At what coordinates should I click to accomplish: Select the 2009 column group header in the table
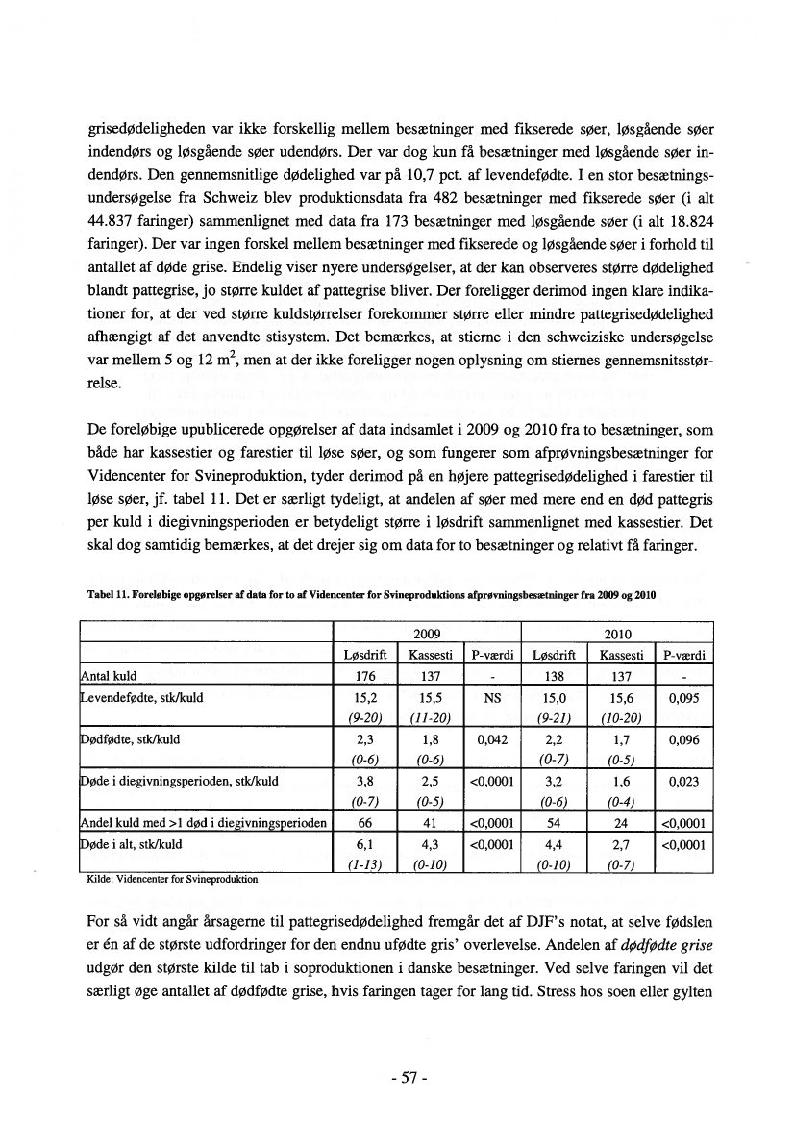coord(426,635)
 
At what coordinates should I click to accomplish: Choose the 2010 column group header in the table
coord(616,635)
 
